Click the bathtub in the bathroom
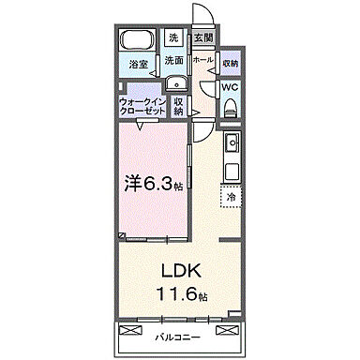point(138,41)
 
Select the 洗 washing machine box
point(173,38)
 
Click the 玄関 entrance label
point(202,38)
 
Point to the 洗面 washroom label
point(174,60)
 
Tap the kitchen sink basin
point(232,142)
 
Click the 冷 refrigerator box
point(231,198)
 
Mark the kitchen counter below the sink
point(232,169)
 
